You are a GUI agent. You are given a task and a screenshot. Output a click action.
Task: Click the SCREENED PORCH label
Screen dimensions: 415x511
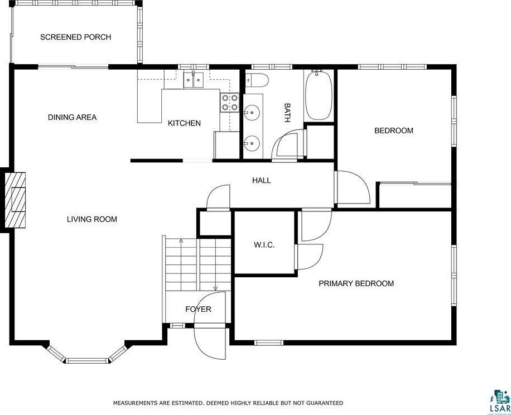pos(75,37)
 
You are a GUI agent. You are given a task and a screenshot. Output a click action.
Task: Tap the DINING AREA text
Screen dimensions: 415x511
pos(72,117)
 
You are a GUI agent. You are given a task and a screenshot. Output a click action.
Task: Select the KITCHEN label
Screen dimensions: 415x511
pos(184,123)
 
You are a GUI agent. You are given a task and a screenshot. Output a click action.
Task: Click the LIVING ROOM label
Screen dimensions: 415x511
pos(92,219)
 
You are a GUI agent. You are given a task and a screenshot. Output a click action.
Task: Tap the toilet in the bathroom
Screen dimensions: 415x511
pos(258,80)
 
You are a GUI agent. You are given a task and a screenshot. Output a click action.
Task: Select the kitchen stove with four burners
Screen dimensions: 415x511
pos(230,103)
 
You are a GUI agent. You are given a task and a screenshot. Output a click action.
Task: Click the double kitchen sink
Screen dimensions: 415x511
pos(193,80)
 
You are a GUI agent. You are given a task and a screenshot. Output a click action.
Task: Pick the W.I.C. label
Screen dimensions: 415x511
pos(264,245)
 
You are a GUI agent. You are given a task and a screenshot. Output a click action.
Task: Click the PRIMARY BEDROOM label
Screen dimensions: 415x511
pos(356,283)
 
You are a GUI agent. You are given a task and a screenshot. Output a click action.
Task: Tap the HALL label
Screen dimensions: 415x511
pos(261,180)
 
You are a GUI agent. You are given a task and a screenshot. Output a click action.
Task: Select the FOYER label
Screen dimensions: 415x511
pos(198,309)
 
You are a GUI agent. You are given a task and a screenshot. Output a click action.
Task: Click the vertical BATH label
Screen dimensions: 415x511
pos(287,113)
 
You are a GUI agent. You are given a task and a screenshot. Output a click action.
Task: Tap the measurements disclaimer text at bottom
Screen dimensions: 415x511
pos(228,402)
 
